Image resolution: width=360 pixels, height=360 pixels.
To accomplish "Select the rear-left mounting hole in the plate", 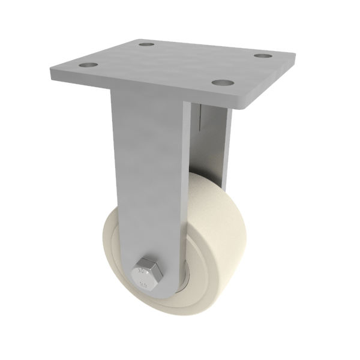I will [146, 44].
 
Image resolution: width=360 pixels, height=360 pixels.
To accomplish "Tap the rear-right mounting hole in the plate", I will [263, 56].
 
